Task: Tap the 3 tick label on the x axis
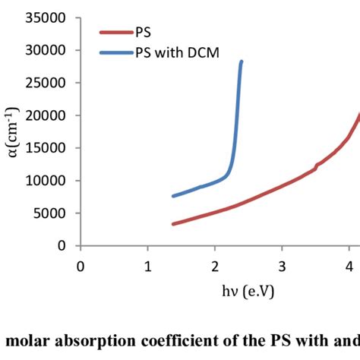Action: pyautogui.click(x=282, y=265)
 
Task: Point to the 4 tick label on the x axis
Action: pyautogui.click(x=349, y=265)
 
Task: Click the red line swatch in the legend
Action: pyautogui.click(x=115, y=33)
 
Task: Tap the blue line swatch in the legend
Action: pyautogui.click(x=115, y=52)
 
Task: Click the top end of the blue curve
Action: pyautogui.click(x=242, y=62)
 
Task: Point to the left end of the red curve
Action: pyautogui.click(x=174, y=223)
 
